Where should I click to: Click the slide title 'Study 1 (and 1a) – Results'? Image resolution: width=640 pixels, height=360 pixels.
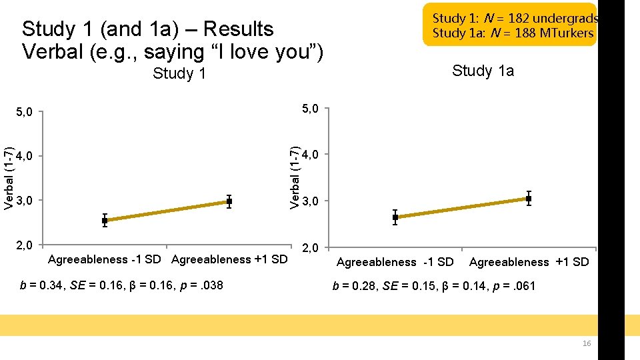(147, 29)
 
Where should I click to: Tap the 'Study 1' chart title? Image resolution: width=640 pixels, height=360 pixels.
(179, 73)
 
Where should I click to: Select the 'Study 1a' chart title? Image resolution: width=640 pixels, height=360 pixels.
(483, 71)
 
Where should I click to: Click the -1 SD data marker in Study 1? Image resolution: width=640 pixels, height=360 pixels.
(105, 221)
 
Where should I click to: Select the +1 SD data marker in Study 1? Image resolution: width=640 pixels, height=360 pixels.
(229, 201)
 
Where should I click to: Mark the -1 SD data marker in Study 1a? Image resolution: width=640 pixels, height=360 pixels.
(395, 217)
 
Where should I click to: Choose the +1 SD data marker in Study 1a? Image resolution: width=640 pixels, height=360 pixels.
(529, 199)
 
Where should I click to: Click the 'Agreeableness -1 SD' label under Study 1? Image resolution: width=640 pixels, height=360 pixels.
(104, 259)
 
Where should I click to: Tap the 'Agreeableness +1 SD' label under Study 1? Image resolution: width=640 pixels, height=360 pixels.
(229, 259)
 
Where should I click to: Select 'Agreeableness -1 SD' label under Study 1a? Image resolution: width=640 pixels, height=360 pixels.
(395, 262)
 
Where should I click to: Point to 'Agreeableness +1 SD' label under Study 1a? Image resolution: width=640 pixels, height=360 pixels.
(529, 262)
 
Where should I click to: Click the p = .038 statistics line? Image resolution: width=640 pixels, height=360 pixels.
(121, 286)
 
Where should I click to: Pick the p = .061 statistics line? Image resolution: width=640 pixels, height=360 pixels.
(434, 286)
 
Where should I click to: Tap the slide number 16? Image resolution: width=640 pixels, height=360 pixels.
(587, 343)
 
